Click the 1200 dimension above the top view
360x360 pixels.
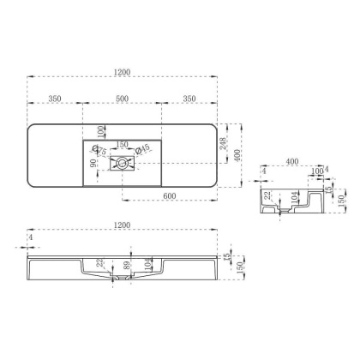coord(123,70)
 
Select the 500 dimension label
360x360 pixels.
coord(122,99)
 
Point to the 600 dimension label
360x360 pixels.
coord(170,195)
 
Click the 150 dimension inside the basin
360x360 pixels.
coord(122,145)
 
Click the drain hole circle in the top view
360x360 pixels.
coord(123,161)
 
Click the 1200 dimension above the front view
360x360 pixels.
coord(123,225)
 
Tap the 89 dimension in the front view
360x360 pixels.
coord(126,267)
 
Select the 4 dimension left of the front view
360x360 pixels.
coord(31,237)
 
